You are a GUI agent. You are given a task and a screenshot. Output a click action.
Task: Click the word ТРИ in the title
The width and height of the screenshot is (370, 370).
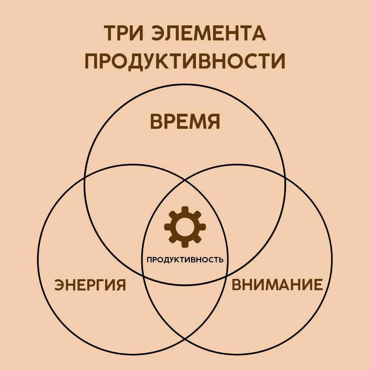point(124,33)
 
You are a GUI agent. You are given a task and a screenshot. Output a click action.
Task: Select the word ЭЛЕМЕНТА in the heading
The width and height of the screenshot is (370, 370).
point(208,33)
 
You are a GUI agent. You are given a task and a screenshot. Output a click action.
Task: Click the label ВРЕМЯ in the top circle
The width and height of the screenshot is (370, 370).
point(185,121)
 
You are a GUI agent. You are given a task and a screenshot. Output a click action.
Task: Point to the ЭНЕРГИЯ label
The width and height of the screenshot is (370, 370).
point(90,285)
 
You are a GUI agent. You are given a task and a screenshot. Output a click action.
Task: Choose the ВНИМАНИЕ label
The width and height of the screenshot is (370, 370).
point(277,285)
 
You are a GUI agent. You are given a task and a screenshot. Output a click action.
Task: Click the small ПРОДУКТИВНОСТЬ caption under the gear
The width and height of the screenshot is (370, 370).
point(185,260)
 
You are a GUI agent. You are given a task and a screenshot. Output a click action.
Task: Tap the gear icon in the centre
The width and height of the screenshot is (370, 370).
point(185,227)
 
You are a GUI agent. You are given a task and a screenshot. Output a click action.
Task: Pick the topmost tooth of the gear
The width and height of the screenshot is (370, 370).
point(185,209)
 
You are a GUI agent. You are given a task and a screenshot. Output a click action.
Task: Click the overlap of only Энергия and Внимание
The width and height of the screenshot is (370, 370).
point(185,308)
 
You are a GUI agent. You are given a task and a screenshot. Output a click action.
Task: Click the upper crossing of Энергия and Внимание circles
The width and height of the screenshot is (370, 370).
point(185,179)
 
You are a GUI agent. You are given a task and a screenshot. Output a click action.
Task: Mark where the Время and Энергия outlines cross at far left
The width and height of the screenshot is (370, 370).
point(85,177)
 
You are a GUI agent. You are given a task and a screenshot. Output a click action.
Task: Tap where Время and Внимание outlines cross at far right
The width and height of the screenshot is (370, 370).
point(285,177)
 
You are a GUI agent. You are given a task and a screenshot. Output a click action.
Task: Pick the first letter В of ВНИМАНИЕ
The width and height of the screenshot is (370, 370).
point(237,285)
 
